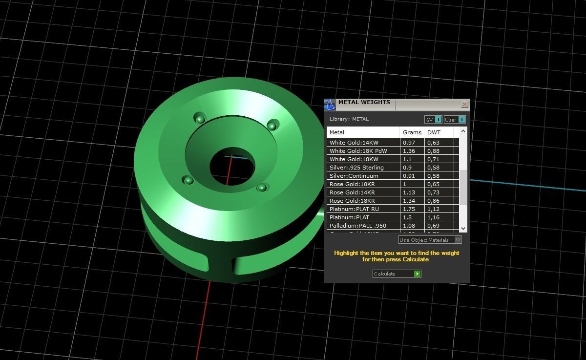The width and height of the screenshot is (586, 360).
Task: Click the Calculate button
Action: pos(397,274)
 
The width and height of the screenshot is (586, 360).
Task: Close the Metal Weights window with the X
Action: pos(464,104)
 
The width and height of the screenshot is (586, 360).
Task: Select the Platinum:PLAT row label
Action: pos(349,217)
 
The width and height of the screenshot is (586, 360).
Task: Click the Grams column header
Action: pos(412,132)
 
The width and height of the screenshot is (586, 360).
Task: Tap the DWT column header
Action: pos(434,132)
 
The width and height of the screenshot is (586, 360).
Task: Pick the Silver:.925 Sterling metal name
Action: pos(356,168)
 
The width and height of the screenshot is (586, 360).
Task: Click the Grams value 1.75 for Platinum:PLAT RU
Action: pos(409,209)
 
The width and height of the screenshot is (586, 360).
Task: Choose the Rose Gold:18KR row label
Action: pos(352,201)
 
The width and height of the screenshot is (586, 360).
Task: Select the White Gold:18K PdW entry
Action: pos(358,151)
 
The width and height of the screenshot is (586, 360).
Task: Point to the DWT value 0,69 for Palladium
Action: pos(433,226)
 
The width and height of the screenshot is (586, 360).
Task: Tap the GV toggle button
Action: pos(433,120)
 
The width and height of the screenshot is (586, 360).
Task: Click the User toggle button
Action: pos(455,120)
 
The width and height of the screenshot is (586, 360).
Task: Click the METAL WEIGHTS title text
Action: pos(364,103)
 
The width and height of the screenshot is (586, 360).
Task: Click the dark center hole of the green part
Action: pos(232,166)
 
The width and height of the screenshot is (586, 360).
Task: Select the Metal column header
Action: pos(337,132)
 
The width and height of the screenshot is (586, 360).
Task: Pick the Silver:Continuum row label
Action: pos(354,176)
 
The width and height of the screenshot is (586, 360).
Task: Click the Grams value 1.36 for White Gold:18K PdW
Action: pos(409,151)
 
